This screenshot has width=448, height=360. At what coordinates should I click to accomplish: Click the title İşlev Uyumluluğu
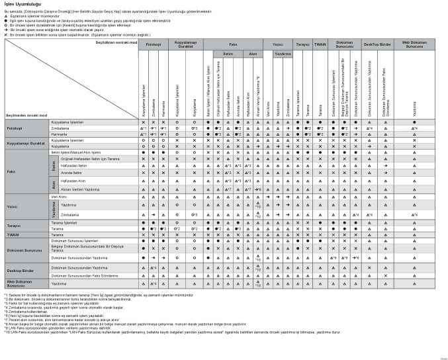point(23,5)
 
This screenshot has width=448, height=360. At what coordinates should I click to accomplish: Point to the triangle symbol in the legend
point(6,16)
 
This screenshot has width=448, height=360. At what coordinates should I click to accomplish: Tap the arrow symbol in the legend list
point(6,27)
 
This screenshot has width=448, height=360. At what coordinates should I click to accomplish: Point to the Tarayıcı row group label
point(15,227)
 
